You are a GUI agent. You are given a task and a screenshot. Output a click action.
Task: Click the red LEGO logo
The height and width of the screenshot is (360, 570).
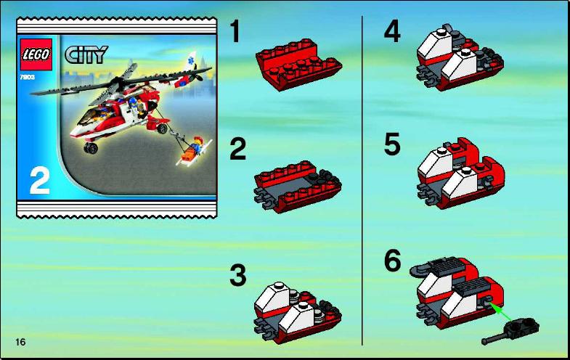(x=36, y=54)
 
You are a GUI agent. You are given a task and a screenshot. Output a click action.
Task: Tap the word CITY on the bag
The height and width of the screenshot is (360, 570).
(x=86, y=54)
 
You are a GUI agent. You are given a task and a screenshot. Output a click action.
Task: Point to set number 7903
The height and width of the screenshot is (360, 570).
(x=28, y=78)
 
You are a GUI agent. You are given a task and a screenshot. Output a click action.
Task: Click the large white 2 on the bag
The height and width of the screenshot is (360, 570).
(x=39, y=181)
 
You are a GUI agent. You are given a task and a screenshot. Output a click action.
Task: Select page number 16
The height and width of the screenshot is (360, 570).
(x=21, y=342)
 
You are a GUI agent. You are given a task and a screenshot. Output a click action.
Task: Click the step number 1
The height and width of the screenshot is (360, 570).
(x=235, y=31)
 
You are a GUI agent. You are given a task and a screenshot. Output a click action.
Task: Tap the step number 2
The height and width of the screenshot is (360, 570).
(x=237, y=149)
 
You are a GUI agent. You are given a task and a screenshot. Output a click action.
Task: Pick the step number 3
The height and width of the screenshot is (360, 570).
(x=238, y=275)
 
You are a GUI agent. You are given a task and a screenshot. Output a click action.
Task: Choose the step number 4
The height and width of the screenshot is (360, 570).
(x=392, y=31)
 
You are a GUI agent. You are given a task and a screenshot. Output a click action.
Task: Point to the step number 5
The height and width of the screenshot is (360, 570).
(x=392, y=144)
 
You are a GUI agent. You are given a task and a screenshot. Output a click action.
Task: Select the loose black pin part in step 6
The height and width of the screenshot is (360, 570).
(x=510, y=331)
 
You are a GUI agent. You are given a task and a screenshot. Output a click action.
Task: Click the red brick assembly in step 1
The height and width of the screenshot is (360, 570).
(x=299, y=65)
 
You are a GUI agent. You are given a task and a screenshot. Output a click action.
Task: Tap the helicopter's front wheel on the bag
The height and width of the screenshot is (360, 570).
(x=91, y=147)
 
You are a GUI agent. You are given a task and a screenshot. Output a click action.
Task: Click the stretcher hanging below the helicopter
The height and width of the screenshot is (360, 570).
(x=193, y=151)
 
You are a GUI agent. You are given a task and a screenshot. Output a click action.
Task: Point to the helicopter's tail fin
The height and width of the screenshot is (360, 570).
(x=190, y=61)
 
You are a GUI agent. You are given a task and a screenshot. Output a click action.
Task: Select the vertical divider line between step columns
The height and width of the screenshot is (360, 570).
(x=362, y=180)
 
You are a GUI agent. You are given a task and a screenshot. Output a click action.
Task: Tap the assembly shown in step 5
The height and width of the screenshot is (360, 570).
(x=461, y=173)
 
